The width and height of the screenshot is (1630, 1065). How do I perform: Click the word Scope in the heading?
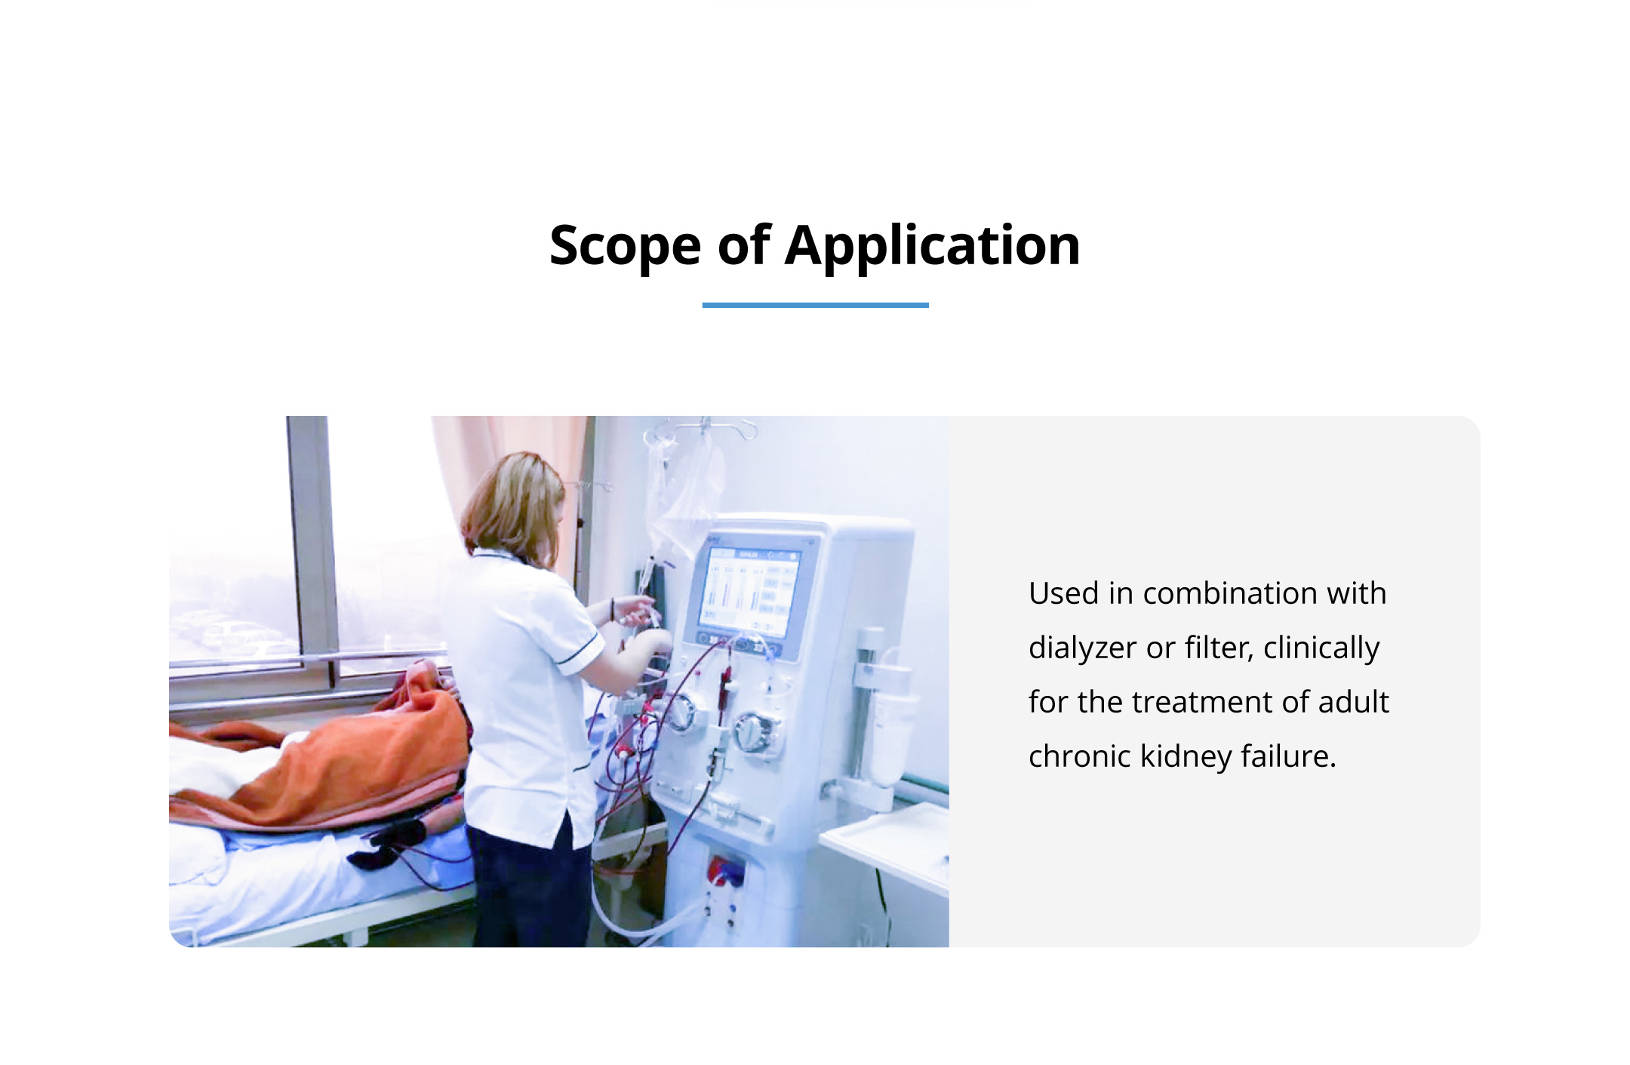tap(626, 246)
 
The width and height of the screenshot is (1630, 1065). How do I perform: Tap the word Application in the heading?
tap(933, 246)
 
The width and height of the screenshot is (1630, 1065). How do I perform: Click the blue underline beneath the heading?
tap(815, 305)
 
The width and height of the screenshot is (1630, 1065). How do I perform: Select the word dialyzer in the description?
tap(1082, 648)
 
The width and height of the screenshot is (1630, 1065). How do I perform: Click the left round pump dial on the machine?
tap(681, 713)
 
